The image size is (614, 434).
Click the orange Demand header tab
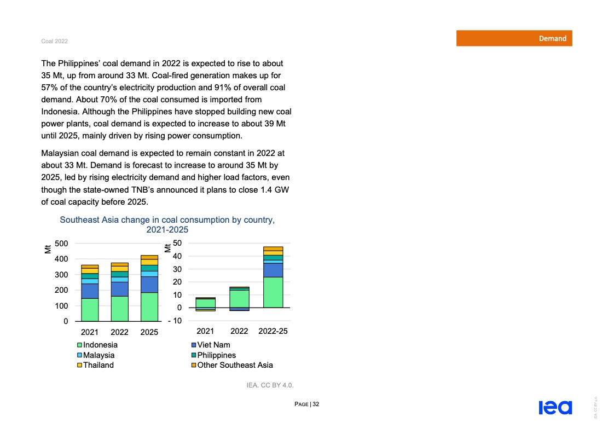point(514,38)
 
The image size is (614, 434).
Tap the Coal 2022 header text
point(54,42)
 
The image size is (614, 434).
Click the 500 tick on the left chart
point(61,244)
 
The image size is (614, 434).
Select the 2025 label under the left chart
point(149,332)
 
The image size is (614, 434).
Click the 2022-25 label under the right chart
point(273,331)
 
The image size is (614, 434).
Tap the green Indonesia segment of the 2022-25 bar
point(273,292)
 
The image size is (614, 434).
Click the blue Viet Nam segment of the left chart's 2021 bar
point(90,291)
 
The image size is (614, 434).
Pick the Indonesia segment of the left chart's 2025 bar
point(149,306)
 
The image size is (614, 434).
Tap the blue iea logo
point(555,407)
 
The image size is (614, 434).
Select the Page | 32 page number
point(306,404)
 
